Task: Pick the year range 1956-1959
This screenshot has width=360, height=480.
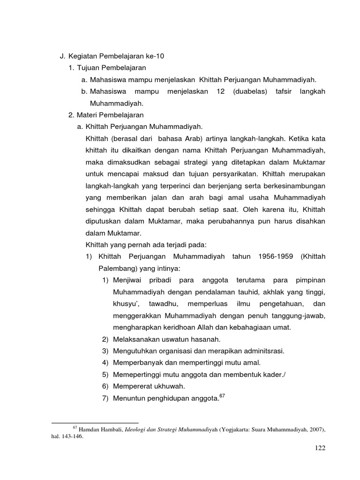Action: pos(276,257)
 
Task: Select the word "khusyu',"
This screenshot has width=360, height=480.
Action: pos(126,304)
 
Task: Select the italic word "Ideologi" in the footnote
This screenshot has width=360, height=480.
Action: pos(134,429)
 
